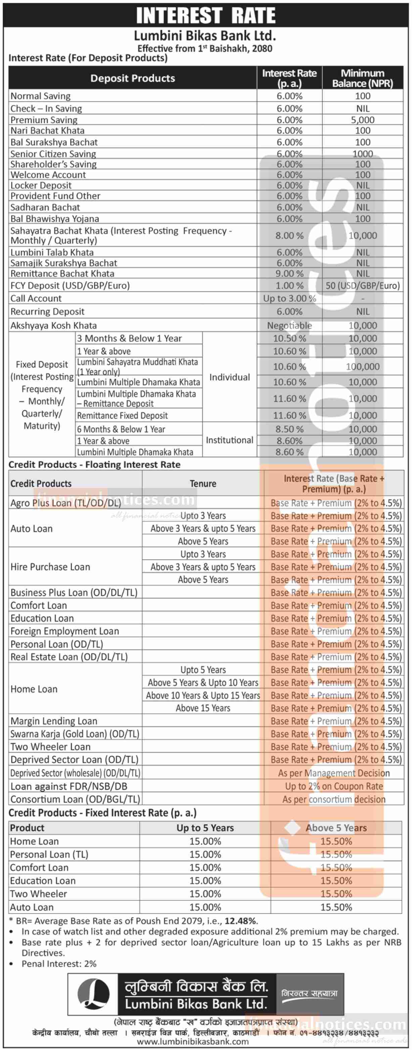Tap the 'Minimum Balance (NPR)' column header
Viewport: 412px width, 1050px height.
[362, 78]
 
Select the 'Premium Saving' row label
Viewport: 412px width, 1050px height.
[44, 120]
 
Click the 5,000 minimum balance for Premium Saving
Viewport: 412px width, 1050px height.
[362, 120]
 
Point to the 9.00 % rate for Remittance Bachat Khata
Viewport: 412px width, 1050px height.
[289, 274]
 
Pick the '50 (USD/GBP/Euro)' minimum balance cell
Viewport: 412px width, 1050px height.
[362, 285]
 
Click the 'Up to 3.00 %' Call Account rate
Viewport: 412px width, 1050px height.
[289, 298]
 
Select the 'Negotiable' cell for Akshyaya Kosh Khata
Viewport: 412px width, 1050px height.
[289, 325]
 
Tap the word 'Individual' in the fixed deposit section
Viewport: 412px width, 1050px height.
[229, 377]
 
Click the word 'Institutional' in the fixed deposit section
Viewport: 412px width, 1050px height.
[229, 440]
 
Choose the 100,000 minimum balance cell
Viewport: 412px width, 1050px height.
[362, 366]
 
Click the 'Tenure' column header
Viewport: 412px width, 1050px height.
[203, 483]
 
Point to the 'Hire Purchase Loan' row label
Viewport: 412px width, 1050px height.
[50, 567]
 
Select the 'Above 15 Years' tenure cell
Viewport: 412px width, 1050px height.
[203, 708]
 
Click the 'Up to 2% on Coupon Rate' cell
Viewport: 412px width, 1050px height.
[333, 786]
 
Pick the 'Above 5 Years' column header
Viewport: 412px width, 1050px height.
[336, 827]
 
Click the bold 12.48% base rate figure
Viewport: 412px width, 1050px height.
[241, 920]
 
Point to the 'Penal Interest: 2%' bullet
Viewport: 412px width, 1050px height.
[59, 964]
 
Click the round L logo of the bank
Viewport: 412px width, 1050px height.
[93, 995]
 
